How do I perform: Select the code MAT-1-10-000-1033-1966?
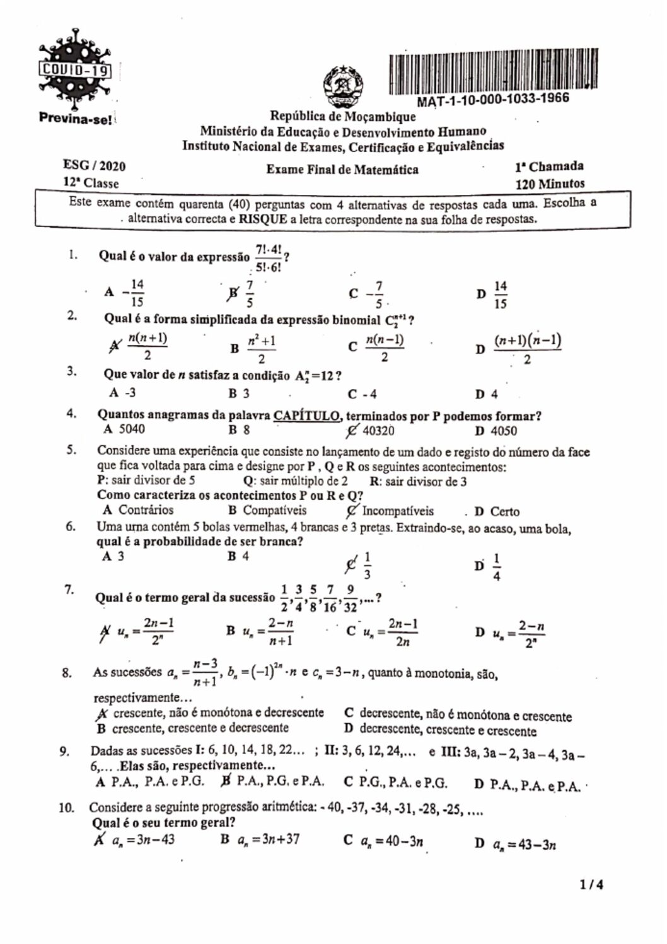click(493, 100)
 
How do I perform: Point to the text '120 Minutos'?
click(550, 184)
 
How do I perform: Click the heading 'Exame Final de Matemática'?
click(342, 169)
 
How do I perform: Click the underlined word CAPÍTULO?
click(308, 416)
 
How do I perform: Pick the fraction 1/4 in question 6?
click(497, 567)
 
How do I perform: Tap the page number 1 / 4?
click(592, 885)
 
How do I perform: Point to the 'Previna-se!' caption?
click(75, 117)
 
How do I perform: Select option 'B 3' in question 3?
click(239, 393)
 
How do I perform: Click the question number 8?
click(66, 672)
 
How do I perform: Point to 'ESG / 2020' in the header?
click(94, 166)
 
